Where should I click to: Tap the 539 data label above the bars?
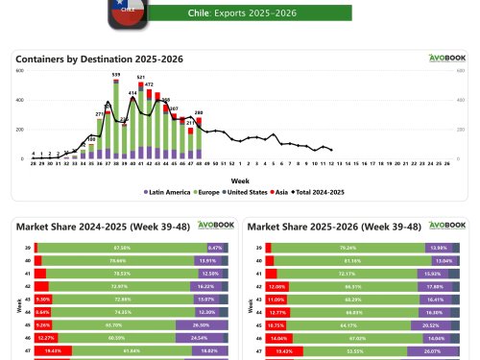[116, 74]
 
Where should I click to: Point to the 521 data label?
[141, 77]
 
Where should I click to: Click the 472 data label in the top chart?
[149, 84]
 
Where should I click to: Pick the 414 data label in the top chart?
[132, 93]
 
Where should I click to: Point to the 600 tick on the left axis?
[19, 70]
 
